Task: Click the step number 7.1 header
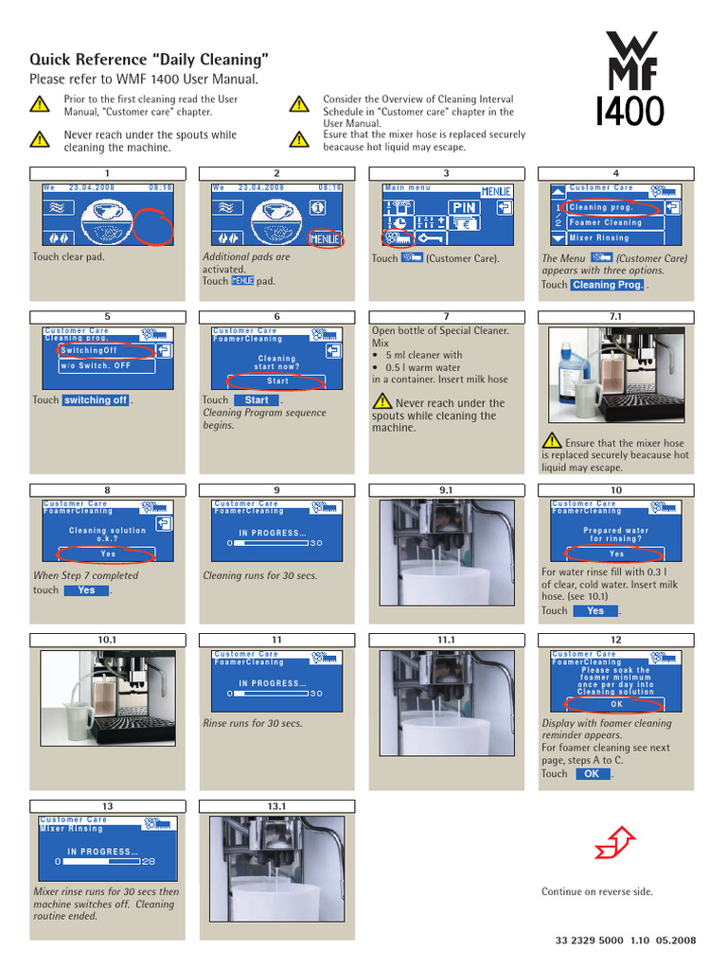(615, 316)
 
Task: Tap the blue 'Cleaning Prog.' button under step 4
(607, 285)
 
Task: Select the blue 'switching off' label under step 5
(95, 400)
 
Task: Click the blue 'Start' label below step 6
(257, 400)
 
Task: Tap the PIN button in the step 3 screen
(464, 206)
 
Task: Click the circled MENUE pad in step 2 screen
(325, 238)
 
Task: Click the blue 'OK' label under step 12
(592, 774)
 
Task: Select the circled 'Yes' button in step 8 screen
(108, 555)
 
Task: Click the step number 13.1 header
(276, 805)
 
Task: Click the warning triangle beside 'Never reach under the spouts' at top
(39, 139)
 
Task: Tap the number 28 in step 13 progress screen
(149, 862)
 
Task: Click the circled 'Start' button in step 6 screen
(277, 381)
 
